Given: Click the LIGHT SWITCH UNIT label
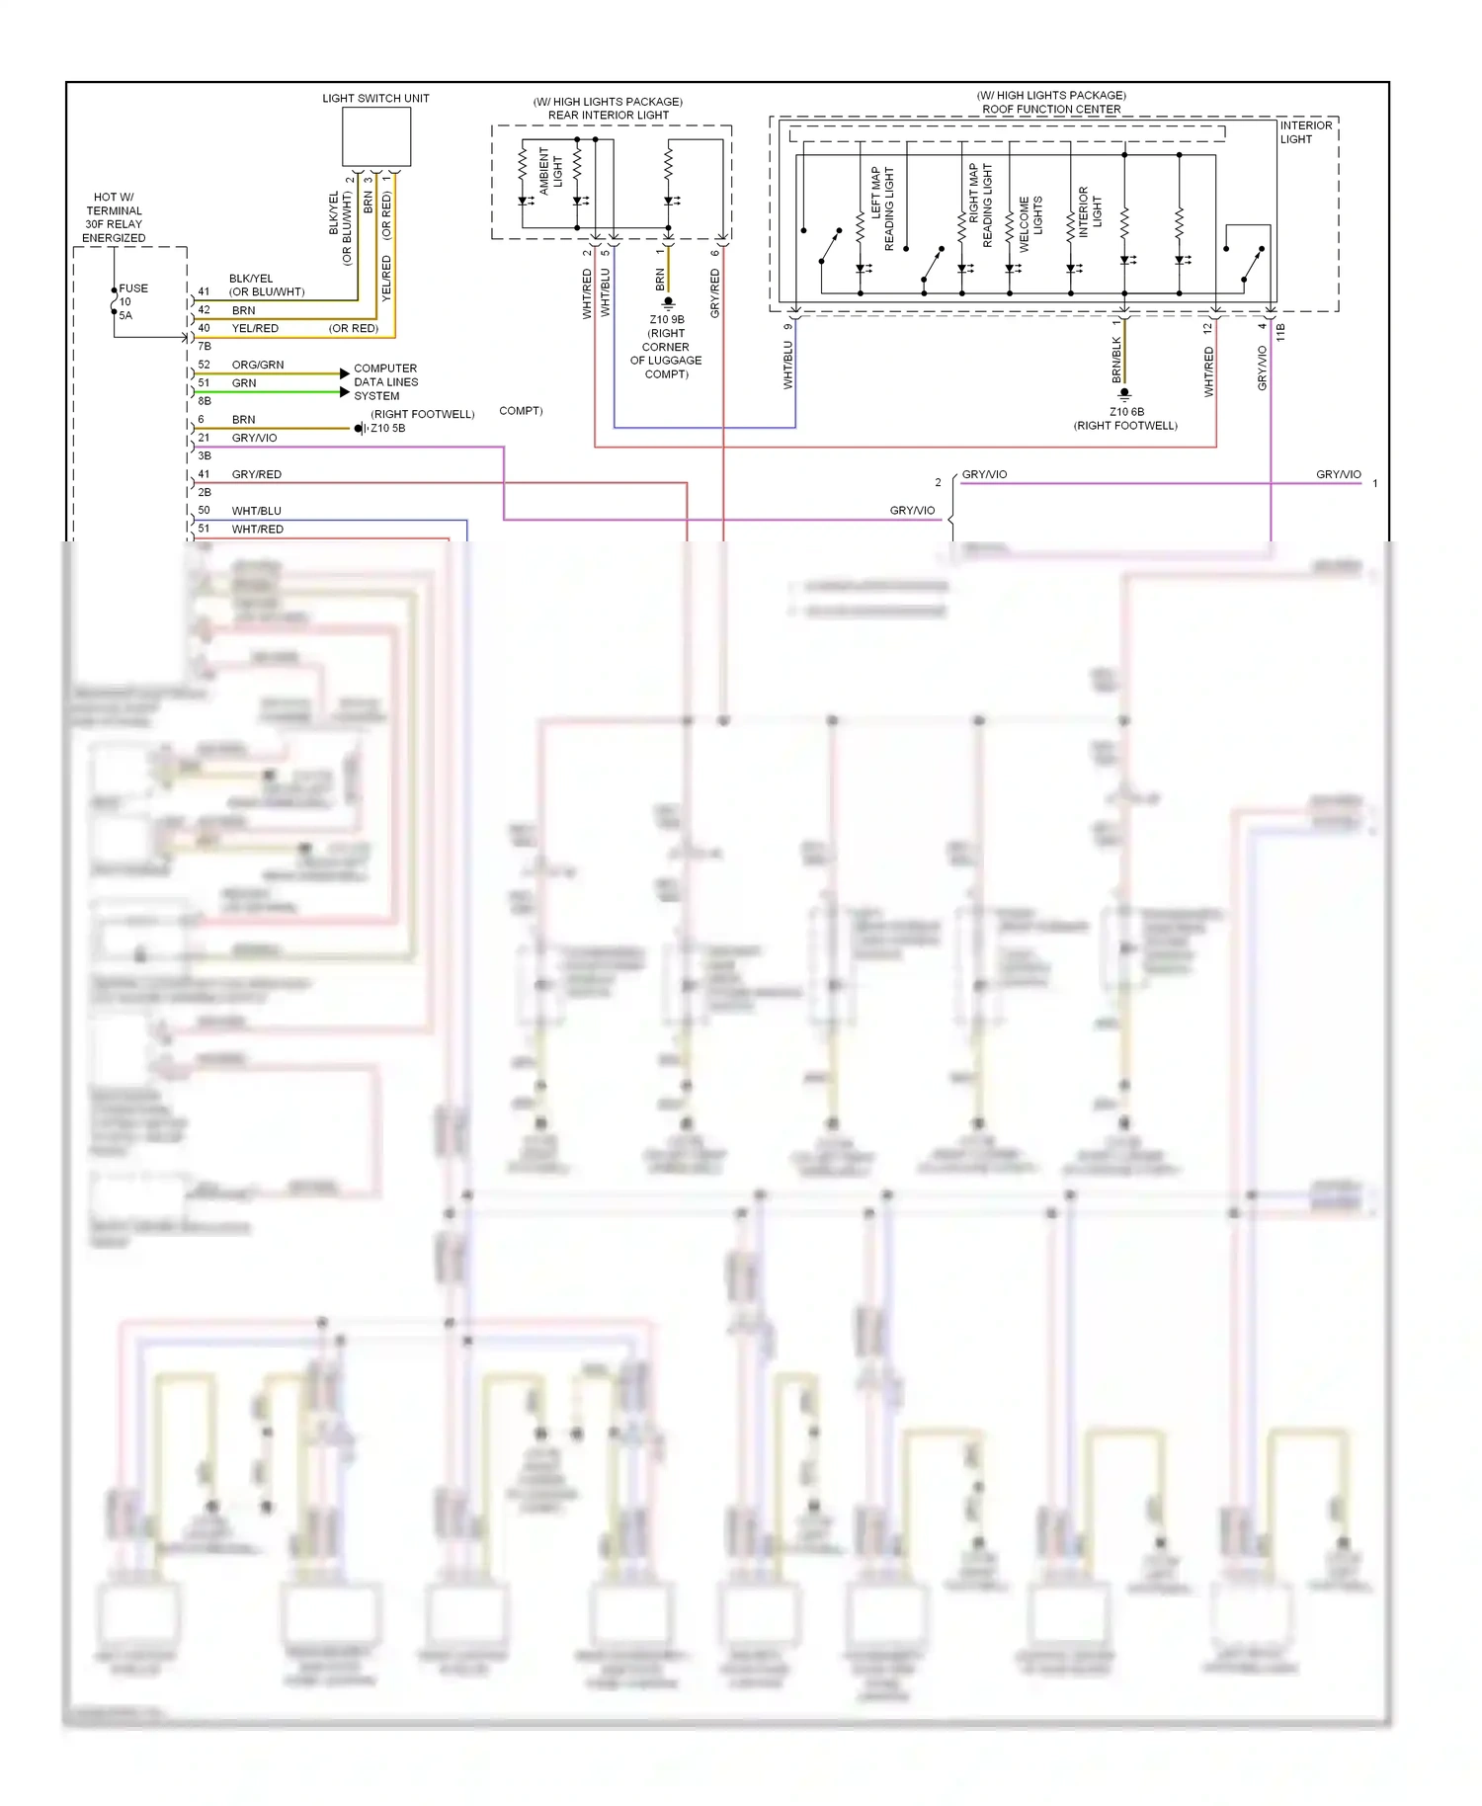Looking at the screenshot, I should pyautogui.click(x=375, y=99).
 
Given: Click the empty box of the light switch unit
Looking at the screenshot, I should pyautogui.click(x=376, y=136).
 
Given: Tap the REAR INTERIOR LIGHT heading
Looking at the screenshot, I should pyautogui.click(x=608, y=116).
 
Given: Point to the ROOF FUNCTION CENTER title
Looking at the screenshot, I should pyautogui.click(x=1051, y=110).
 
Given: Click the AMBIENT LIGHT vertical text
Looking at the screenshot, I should pyautogui.click(x=550, y=170).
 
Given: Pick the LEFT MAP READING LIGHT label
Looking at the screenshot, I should pyautogui.click(x=881, y=207).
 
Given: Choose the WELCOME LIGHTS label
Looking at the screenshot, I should pyautogui.click(x=1030, y=223).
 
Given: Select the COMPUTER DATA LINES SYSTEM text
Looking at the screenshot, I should pyautogui.click(x=386, y=382).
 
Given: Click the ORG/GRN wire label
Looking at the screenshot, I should pyautogui.click(x=258, y=365).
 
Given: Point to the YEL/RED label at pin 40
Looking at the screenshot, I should pyautogui.click(x=255, y=328).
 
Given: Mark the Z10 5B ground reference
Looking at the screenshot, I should pyautogui.click(x=387, y=428).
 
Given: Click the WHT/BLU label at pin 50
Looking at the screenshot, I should pyautogui.click(x=256, y=511).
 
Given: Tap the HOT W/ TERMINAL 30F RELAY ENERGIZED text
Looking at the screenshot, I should pyautogui.click(x=114, y=217).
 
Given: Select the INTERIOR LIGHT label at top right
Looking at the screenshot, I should pyautogui.click(x=1306, y=132).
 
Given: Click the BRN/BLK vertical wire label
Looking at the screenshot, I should pyautogui.click(x=1116, y=360).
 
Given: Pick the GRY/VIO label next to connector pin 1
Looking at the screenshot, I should pyautogui.click(x=1338, y=474).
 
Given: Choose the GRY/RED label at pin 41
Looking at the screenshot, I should pyautogui.click(x=256, y=474).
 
